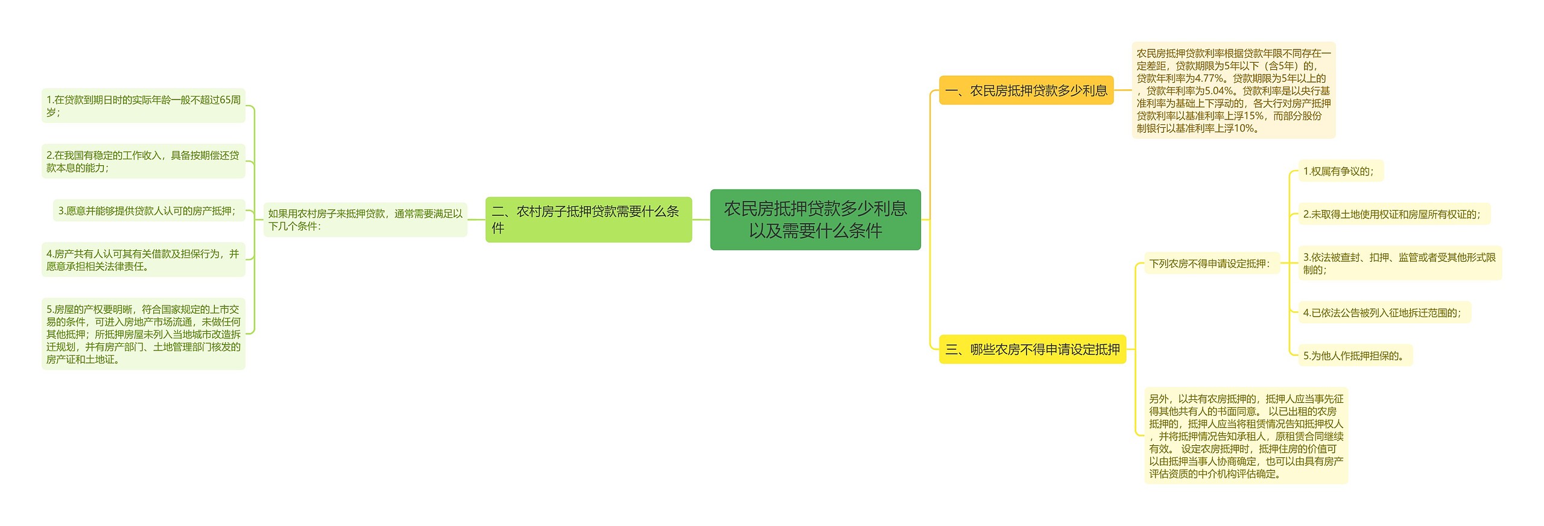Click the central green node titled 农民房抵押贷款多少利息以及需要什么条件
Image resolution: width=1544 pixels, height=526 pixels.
(815, 220)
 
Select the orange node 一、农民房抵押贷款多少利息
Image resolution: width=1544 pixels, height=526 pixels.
(1026, 90)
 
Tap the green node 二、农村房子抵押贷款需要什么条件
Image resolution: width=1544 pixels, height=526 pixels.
(588, 220)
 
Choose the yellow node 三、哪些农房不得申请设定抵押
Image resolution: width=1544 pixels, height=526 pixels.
(1032, 349)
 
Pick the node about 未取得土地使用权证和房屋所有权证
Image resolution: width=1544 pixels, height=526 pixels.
(1393, 214)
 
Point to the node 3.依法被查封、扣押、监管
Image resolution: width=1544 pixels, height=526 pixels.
(1399, 263)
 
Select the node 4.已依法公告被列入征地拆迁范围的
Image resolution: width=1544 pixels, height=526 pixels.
(1384, 312)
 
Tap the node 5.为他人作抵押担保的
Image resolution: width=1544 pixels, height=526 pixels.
(1355, 356)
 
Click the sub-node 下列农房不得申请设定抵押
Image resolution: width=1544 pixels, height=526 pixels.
(1211, 264)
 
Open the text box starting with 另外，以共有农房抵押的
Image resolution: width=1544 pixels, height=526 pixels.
(1245, 436)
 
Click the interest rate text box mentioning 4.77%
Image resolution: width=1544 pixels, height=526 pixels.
(1233, 90)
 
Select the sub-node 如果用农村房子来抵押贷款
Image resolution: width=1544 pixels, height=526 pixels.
(365, 220)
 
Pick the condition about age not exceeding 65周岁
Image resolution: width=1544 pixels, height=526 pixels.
(144, 106)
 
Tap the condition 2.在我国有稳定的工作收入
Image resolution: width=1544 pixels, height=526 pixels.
(144, 161)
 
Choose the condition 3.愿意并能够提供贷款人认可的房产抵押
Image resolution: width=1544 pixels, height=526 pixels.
(148, 211)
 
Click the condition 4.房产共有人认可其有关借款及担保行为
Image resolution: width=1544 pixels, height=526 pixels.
(144, 260)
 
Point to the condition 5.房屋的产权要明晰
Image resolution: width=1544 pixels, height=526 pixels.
(144, 334)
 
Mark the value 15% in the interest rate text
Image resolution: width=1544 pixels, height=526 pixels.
(1253, 116)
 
